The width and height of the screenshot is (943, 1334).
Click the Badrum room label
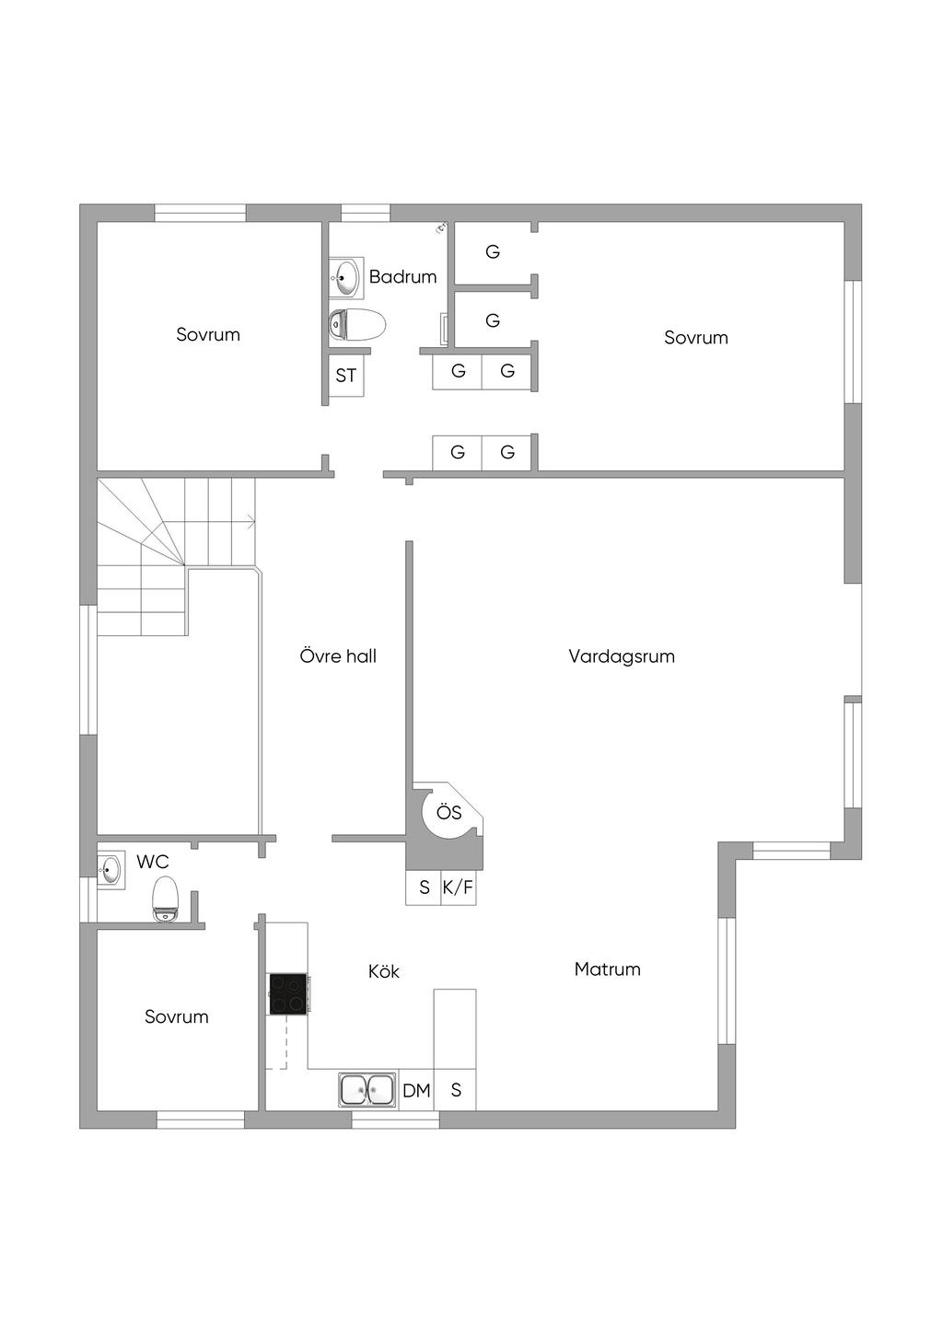point(402,276)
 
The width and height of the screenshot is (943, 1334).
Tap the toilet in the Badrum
point(357,324)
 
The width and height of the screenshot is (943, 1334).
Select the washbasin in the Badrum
point(346,276)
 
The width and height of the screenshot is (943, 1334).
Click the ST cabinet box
point(346,376)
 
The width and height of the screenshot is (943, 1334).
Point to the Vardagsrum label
point(622,656)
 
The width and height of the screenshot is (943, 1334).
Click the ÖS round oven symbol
point(448,813)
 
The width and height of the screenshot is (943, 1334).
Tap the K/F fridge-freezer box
point(458,887)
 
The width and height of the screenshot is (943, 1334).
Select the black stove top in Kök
point(288,994)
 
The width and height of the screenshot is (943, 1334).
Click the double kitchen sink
point(367,1090)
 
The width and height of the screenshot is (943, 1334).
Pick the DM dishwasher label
point(416,1091)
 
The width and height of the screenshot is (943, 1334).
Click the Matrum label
point(607,969)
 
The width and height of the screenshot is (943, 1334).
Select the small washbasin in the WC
point(111,869)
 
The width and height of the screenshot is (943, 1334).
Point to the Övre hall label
point(338,656)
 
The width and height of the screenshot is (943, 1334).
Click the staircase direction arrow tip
point(254,523)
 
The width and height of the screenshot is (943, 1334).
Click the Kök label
point(383,971)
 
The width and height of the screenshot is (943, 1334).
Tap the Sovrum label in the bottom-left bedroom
point(177,1016)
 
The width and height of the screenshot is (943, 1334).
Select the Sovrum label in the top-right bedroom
point(696,338)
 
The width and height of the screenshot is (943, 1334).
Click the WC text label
point(153,863)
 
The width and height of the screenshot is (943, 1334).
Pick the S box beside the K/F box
point(424,887)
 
